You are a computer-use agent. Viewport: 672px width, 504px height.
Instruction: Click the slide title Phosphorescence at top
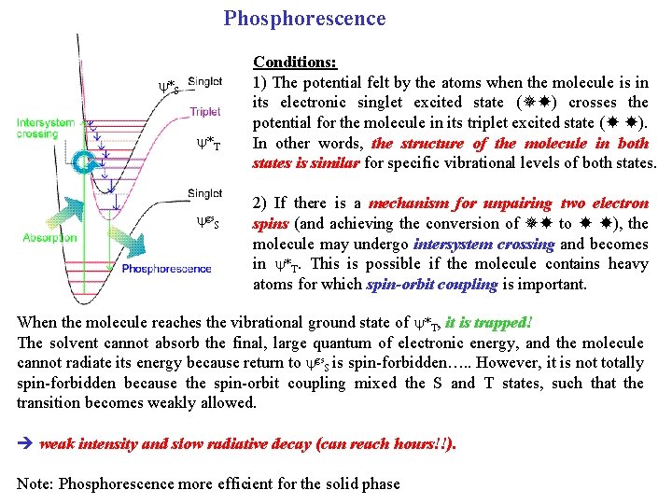coord(304,19)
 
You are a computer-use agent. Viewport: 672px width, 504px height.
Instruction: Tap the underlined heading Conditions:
coord(295,62)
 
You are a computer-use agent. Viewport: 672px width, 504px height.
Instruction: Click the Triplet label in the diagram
coord(205,111)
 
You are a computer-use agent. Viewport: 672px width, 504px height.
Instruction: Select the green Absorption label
coord(50,238)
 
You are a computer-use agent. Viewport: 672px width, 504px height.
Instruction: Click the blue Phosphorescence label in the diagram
coord(167,269)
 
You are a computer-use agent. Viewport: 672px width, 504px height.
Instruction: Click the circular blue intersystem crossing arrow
coord(86,164)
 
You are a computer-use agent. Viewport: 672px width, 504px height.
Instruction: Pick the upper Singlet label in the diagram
coord(205,82)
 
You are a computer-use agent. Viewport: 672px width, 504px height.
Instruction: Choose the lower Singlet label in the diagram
coord(205,193)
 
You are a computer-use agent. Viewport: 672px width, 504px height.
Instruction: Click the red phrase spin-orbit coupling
coord(430,285)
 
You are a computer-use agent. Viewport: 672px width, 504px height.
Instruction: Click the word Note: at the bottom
coord(35,483)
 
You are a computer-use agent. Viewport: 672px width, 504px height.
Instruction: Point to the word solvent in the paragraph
coord(73,343)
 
